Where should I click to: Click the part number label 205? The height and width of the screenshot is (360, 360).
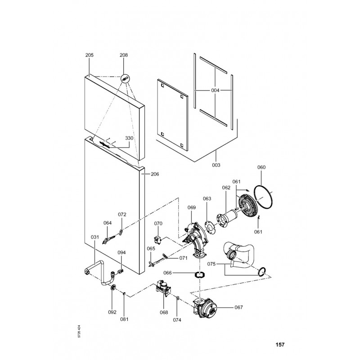pos(89,55)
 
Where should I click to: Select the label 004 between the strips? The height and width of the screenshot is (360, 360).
pos(215,90)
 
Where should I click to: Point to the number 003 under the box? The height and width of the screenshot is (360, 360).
pos(216,165)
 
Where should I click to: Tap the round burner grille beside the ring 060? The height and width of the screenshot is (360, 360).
pos(248,206)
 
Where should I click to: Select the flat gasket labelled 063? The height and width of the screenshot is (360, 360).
pos(210,227)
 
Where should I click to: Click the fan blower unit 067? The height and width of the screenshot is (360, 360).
pos(205,308)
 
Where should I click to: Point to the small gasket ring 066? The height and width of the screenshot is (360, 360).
pos(200,274)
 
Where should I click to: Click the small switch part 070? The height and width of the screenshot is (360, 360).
pos(157,240)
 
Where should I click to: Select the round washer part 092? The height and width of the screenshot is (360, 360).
pos(113,288)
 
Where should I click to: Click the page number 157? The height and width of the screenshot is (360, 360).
pos(280,344)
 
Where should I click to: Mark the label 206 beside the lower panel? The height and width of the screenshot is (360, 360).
pos(155,174)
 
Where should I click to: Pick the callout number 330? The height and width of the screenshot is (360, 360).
pos(129,138)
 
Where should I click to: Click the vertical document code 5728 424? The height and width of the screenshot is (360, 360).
pos(79,331)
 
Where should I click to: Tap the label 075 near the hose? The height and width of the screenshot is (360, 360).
pos(211,264)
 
